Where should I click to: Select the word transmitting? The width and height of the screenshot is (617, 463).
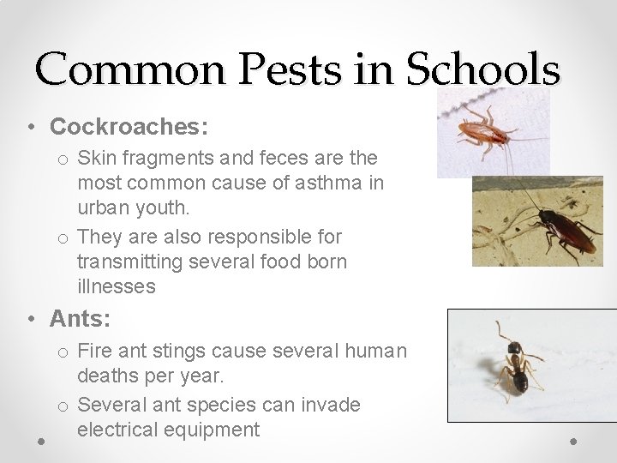click(x=127, y=262)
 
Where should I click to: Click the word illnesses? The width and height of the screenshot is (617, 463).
click(x=117, y=286)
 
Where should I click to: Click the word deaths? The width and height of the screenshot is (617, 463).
click(x=105, y=376)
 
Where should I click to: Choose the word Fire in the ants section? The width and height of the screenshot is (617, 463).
click(x=93, y=352)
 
